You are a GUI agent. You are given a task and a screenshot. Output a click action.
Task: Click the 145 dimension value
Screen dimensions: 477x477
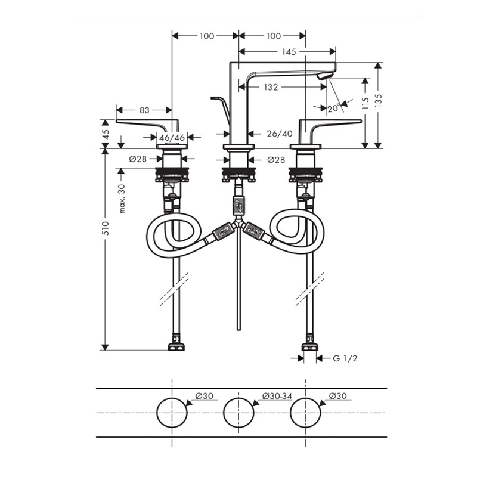289,52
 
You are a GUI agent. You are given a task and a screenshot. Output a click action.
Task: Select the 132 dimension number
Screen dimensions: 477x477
271,87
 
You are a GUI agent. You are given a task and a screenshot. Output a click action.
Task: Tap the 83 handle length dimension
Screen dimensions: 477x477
144,110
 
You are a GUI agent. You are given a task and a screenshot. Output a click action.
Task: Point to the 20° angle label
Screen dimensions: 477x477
334,108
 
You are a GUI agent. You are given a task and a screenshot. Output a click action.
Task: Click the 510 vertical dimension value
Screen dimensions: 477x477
106,228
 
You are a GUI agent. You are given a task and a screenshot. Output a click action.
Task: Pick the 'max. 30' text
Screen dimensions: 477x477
122,199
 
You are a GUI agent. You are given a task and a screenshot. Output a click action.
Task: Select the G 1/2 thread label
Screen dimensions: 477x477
345,358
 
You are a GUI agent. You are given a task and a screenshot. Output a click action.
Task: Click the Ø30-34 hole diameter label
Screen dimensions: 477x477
277,396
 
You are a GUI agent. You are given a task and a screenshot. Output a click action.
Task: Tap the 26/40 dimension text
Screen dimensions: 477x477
280,134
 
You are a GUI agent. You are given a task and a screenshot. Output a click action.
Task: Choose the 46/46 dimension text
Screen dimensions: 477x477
172,138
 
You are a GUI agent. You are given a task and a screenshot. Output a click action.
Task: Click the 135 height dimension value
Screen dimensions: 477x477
378,100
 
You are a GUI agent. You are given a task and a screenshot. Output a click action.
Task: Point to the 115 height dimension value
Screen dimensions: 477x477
366,103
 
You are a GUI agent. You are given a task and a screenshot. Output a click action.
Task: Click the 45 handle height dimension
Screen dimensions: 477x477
106,134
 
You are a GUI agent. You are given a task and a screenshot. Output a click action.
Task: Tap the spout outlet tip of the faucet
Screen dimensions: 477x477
325,76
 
